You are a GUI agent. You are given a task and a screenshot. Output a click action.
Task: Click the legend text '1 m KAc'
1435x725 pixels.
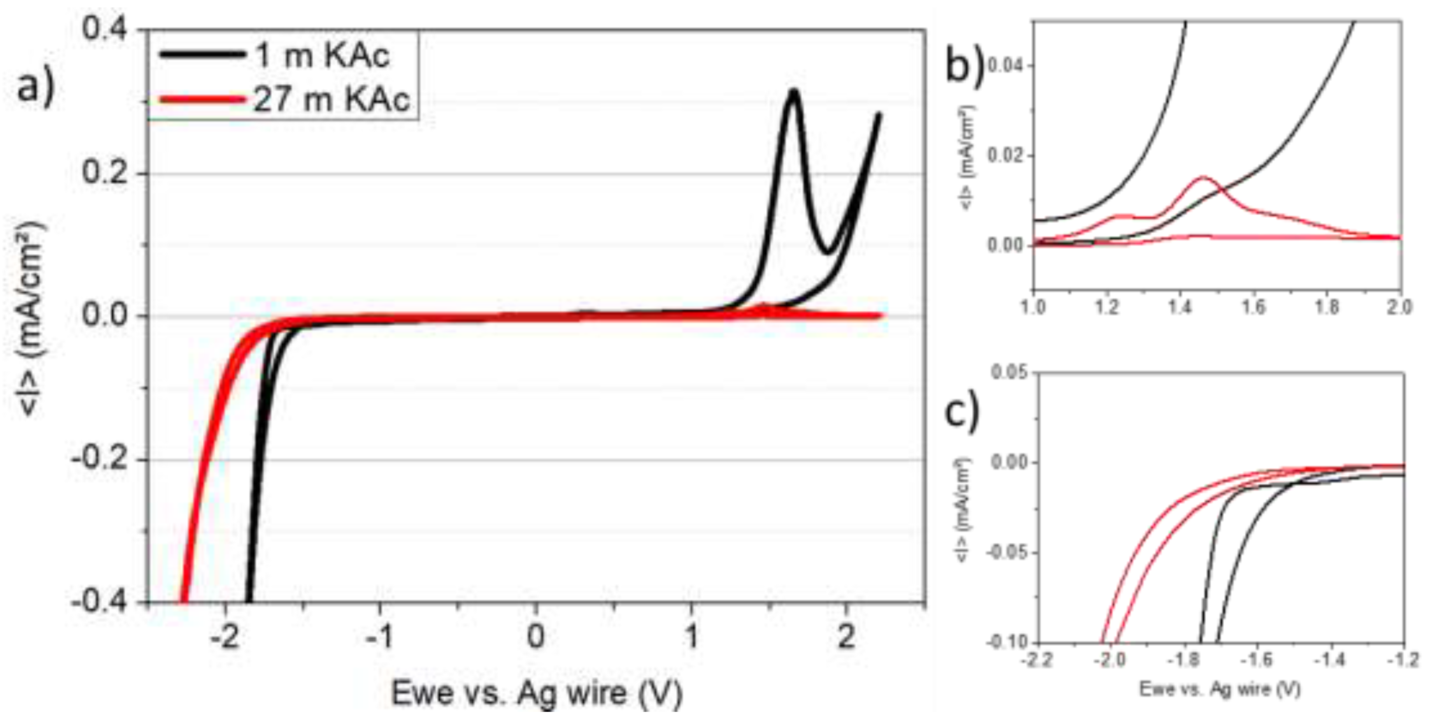(x=322, y=56)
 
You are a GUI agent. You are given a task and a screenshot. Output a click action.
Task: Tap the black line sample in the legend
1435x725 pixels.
(x=202, y=54)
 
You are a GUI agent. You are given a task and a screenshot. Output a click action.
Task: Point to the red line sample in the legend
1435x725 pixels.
(x=202, y=100)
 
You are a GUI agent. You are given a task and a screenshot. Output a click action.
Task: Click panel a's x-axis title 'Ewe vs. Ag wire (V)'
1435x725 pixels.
(x=537, y=693)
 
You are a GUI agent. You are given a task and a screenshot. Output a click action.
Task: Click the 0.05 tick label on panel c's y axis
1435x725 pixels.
(x=1009, y=372)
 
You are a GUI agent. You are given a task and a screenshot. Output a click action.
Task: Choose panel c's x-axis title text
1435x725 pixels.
(x=1220, y=689)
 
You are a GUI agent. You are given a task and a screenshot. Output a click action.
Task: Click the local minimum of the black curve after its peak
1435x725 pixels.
(x=828, y=252)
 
